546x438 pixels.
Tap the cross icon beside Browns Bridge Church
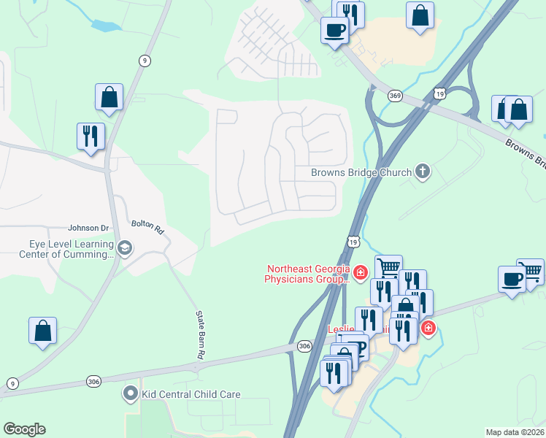421,172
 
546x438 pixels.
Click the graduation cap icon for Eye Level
124,248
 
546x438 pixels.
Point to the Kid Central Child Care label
191,394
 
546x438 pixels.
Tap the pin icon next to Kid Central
131,394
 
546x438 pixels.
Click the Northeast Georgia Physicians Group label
307,274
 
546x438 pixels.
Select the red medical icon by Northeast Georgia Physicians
360,273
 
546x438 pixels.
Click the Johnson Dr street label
88,228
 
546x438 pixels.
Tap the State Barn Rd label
199,334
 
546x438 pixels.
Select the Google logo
24,429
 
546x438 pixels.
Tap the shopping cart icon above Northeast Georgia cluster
389,267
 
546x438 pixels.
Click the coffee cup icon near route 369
335,31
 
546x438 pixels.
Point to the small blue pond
106,26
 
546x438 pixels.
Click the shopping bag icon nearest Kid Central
43,330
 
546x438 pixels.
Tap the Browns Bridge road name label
524,154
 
